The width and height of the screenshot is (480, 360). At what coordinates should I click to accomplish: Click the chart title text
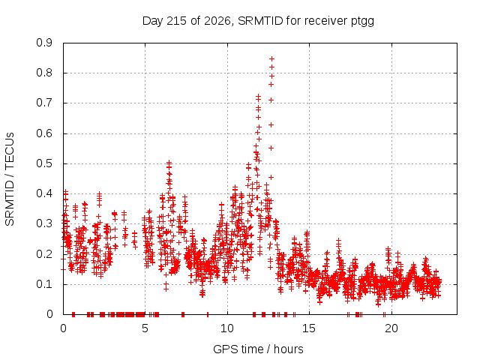coord(258,21)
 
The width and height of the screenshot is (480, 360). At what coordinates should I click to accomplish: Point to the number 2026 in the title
coord(217,21)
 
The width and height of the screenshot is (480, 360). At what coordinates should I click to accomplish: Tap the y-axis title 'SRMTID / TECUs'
coord(10,179)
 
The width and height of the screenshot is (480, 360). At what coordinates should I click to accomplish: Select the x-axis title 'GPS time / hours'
coord(258,349)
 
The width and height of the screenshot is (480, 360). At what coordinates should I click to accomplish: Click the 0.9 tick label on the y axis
coord(44,43)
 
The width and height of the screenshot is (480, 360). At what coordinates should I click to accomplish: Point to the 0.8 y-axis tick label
coord(44,73)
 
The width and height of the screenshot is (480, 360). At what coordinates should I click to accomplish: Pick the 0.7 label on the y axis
coord(44,103)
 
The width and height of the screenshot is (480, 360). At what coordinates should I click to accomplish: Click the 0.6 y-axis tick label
coord(44,133)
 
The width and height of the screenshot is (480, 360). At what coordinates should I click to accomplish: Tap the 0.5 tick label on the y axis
coord(44,163)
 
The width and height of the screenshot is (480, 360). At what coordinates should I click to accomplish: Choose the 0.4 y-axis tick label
coord(44,193)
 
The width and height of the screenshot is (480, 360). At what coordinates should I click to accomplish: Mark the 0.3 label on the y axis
coord(44,223)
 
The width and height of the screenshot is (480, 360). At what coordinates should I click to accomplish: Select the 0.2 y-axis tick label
coord(44,254)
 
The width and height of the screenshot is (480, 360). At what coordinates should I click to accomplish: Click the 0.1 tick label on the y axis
coord(44,284)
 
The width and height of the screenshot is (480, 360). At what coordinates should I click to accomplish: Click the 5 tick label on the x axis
coord(145,328)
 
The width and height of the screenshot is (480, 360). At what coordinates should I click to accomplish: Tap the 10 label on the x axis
coord(227,328)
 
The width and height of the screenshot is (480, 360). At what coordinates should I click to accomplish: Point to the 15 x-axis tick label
coord(309,328)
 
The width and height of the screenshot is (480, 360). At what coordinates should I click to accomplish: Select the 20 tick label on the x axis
coord(391,328)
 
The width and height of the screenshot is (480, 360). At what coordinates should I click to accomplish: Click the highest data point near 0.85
coord(271,58)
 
